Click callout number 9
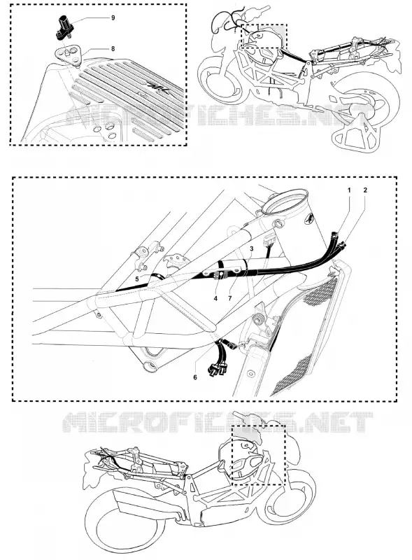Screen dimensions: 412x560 tap(113, 18)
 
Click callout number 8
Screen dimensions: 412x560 tap(113, 49)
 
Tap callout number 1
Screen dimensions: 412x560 tap(349, 190)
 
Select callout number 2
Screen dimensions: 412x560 tap(365, 190)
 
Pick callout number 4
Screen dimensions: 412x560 tap(215, 298)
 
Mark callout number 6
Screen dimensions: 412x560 tap(195, 377)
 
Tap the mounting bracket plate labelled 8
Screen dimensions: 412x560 tap(69, 55)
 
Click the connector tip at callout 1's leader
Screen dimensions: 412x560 tap(334, 234)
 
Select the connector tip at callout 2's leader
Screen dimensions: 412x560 tap(343, 245)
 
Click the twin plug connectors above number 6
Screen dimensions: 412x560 tap(216, 371)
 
